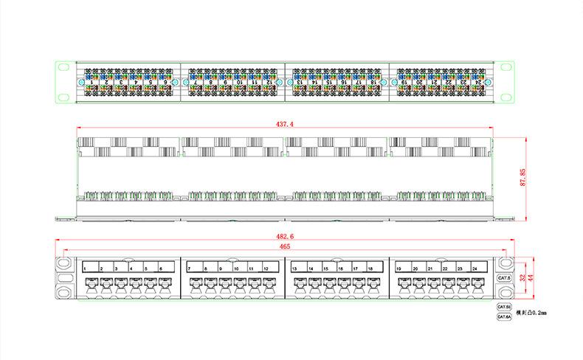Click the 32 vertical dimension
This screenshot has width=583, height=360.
click(521, 277)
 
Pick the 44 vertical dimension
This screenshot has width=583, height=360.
click(531, 277)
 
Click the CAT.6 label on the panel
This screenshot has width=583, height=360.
click(505, 277)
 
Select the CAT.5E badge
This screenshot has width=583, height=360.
click(504, 306)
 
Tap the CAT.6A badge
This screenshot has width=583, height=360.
click(504, 316)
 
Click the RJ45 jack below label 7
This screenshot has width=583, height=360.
click(194, 285)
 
